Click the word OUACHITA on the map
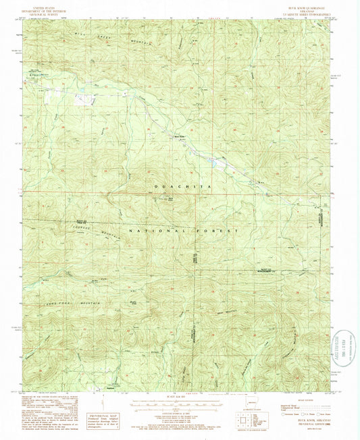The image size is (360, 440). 179,184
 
